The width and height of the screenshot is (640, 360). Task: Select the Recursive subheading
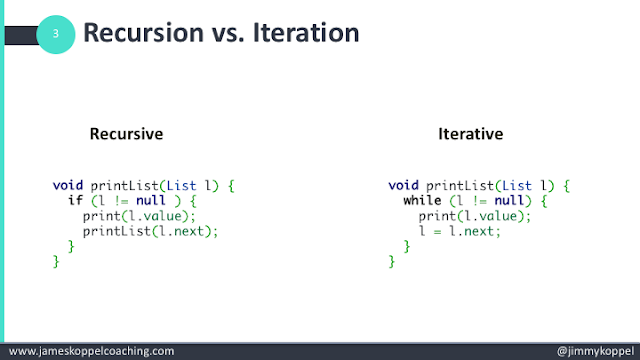(x=126, y=134)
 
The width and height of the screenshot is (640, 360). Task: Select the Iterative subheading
(x=470, y=134)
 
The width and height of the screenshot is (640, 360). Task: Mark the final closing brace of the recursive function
(x=56, y=261)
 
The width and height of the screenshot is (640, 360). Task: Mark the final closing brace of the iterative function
(x=392, y=261)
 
